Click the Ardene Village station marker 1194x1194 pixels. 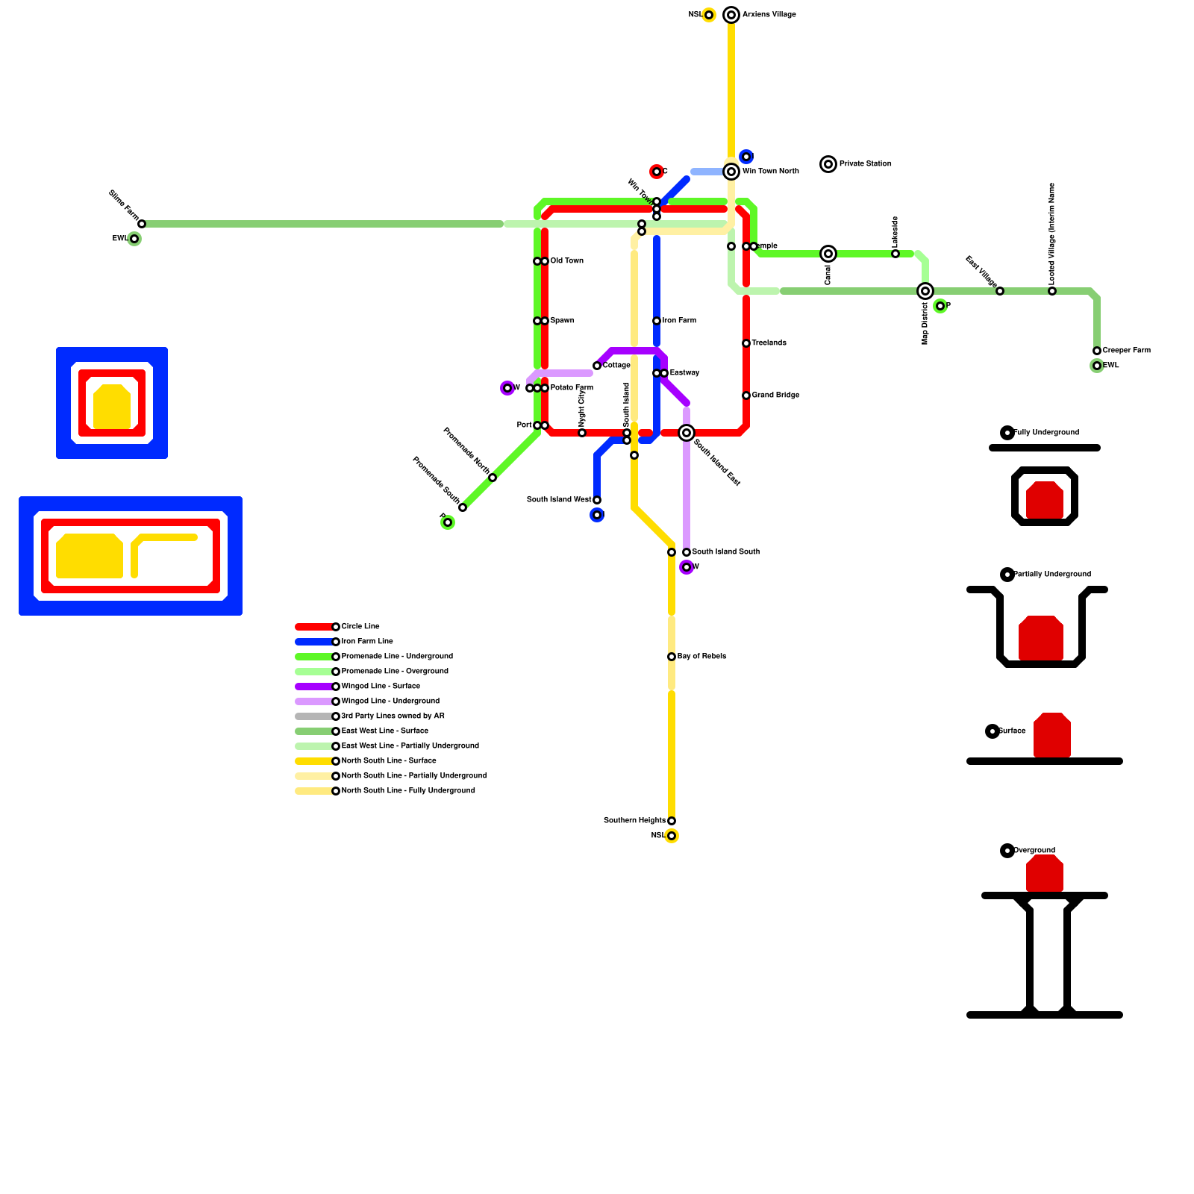pyautogui.click(x=731, y=15)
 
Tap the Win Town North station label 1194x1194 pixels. pyautogui.click(x=770, y=172)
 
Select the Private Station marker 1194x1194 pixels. pyautogui.click(x=828, y=164)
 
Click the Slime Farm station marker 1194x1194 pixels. pyautogui.click(x=142, y=224)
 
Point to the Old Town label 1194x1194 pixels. pyautogui.click(x=567, y=261)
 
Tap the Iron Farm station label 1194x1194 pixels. pyautogui.click(x=679, y=321)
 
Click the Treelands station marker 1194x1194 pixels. pyautogui.click(x=746, y=343)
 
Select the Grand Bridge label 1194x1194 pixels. pyautogui.click(x=775, y=396)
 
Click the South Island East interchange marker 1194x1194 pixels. pyautogui.click(x=687, y=433)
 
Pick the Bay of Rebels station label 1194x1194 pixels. pyautogui.click(x=701, y=657)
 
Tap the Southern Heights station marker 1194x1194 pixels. pyautogui.click(x=672, y=821)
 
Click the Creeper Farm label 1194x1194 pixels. pyautogui.click(x=1126, y=351)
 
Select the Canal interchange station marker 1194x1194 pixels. pyautogui.click(x=828, y=254)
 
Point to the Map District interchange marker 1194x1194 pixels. pyautogui.click(x=925, y=291)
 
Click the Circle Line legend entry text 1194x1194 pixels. pyautogui.click(x=360, y=627)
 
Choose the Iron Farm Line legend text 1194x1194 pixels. pyautogui.click(x=367, y=642)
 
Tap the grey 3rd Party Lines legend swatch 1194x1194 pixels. pyautogui.click(x=313, y=716)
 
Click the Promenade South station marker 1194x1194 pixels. pyautogui.click(x=463, y=507)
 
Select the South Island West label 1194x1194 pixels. pyautogui.click(x=559, y=500)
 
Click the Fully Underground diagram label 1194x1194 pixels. pyautogui.click(x=1046, y=433)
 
